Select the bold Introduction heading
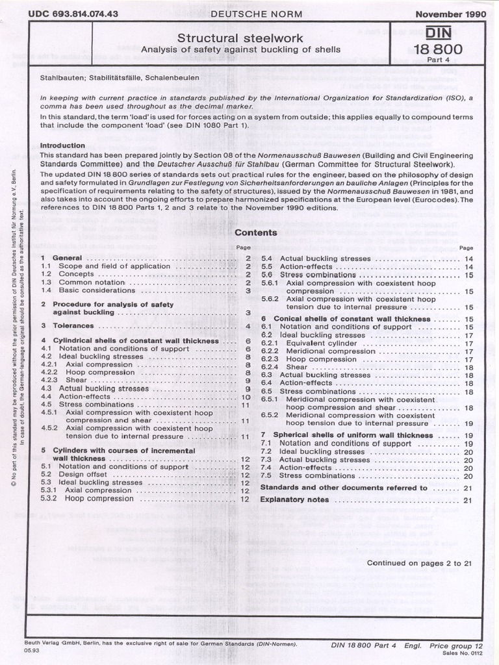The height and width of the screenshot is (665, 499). point(62,145)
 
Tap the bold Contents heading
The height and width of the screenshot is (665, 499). point(255,232)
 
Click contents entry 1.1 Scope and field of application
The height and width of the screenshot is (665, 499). point(114,266)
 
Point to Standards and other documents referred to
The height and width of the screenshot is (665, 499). point(344,487)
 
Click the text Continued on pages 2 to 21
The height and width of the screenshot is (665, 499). point(419,563)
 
